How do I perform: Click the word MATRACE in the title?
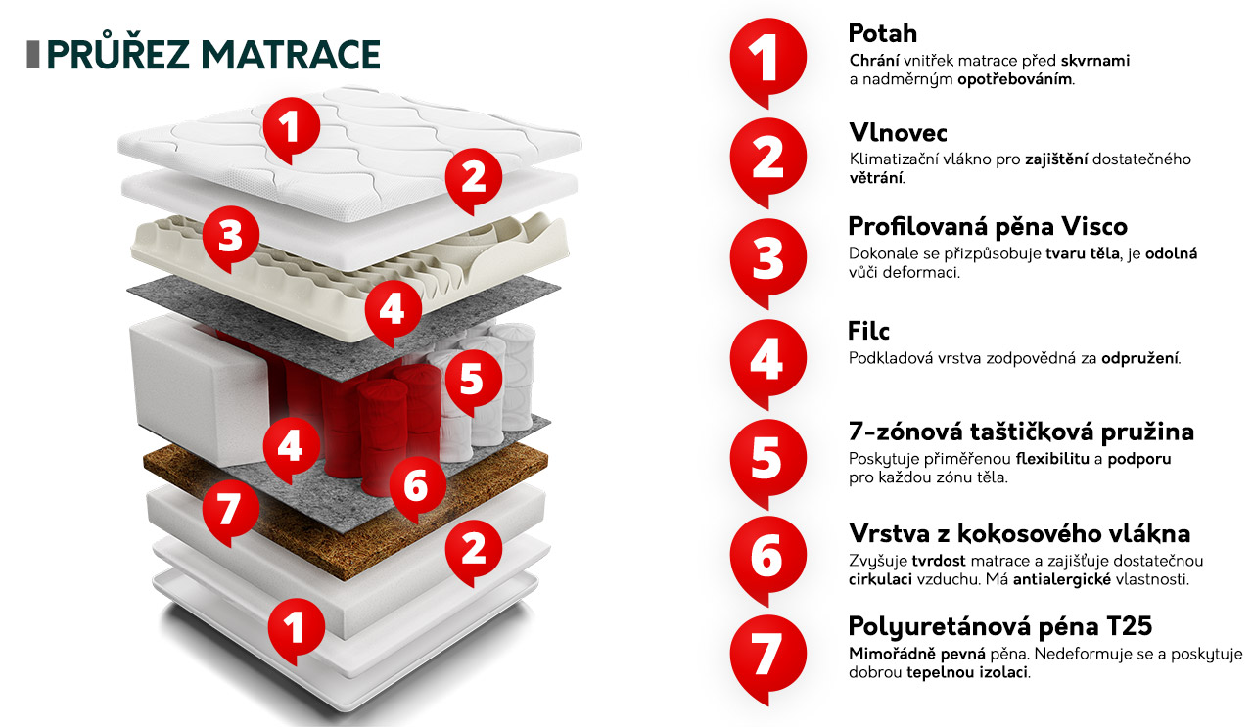(291, 54)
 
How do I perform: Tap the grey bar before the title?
(33, 55)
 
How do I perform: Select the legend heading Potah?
(883, 33)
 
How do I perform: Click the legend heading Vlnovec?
(898, 132)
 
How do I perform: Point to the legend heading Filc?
(868, 331)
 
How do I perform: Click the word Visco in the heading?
(1094, 226)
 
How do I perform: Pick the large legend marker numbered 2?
(767, 160)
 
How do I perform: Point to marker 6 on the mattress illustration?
(417, 487)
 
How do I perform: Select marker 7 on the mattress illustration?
(230, 512)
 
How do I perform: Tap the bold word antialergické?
(1062, 579)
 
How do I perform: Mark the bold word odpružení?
(1140, 358)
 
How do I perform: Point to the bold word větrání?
(876, 178)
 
